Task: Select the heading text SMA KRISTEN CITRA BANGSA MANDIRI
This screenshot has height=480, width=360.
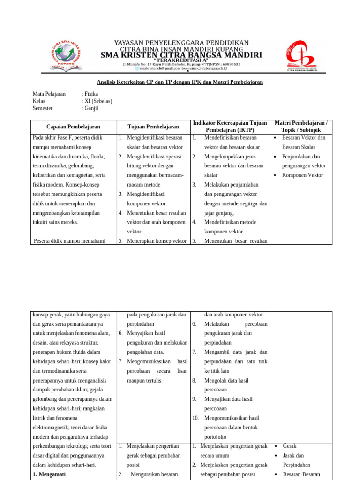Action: (x=182, y=55)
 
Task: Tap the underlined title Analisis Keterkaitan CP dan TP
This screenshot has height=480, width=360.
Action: (x=180, y=82)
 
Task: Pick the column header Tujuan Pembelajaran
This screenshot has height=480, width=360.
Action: (x=153, y=127)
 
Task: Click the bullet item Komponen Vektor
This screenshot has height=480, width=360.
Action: (x=302, y=175)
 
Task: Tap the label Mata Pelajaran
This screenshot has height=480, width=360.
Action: (x=49, y=94)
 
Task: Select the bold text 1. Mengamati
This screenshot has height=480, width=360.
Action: (x=49, y=474)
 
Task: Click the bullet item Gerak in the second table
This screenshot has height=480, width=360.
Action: (x=289, y=446)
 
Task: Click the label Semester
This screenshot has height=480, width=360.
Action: (x=43, y=108)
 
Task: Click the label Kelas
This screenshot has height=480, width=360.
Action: (x=39, y=101)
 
